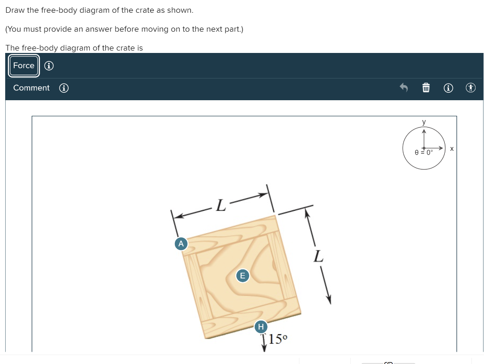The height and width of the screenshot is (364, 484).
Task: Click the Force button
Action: click(24, 66)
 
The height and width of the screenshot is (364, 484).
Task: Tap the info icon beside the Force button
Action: click(49, 66)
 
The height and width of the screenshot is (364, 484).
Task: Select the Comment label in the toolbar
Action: click(31, 88)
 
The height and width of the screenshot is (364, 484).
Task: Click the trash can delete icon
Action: click(426, 88)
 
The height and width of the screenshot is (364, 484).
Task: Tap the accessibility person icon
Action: click(470, 88)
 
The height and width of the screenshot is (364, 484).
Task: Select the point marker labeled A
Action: click(180, 243)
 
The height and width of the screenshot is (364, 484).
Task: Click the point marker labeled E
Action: click(242, 276)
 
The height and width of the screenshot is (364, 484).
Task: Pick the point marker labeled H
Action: click(260, 327)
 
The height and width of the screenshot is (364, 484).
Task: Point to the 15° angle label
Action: click(278, 338)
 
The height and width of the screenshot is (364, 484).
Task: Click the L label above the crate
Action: click(221, 206)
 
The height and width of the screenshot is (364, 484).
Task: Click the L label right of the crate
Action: click(319, 257)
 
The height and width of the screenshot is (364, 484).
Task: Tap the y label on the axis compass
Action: click(424, 122)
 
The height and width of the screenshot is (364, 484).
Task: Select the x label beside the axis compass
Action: click(452, 148)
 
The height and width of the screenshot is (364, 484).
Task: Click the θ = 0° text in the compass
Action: click(423, 153)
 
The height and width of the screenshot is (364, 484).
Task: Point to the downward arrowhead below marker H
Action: click(264, 349)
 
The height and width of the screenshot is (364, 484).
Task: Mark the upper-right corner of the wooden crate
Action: click(275, 216)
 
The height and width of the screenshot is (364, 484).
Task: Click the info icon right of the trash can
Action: click(449, 88)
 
